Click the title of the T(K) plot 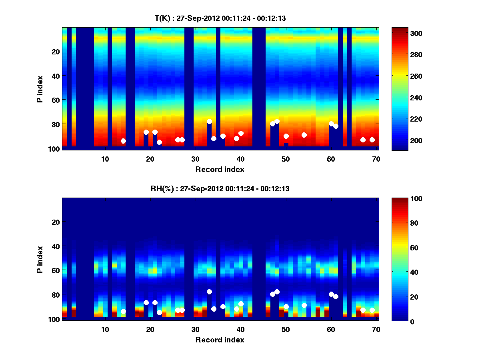pos(220,18)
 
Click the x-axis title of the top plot pos(220,169)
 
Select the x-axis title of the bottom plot pos(220,340)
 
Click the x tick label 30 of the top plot pos(195,159)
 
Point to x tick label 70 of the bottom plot pos(376,329)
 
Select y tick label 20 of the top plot pos(55,52)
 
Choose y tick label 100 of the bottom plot pos(54,319)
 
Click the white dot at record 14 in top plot pos(123,141)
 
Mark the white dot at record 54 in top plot pos(304,135)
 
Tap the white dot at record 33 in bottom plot pos(209,292)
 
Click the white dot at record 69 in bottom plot pos(372,310)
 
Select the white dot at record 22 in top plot pos(159,142)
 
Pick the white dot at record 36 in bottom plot pos(223,306)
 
